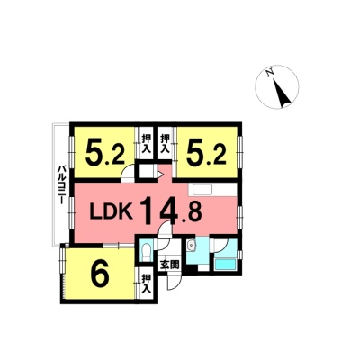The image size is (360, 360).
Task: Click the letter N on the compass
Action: click(x=270, y=73)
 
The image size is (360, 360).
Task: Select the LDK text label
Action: click(x=112, y=212)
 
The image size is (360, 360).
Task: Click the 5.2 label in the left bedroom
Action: click(x=104, y=152)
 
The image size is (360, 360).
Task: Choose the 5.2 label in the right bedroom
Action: click(x=206, y=152)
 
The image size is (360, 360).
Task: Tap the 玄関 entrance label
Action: click(x=169, y=265)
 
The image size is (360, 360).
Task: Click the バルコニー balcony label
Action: click(x=62, y=184)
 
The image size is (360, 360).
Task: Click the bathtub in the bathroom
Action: click(x=226, y=265)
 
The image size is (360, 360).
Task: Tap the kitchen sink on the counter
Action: click(x=202, y=190)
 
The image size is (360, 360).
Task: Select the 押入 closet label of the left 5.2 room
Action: click(x=146, y=144)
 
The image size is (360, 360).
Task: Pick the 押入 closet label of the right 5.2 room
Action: click(x=165, y=144)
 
